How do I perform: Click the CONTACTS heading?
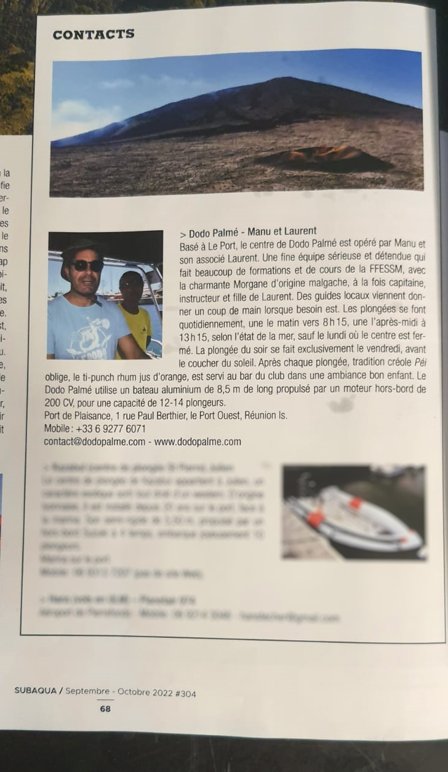pos(94,34)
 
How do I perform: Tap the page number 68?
pos(105,709)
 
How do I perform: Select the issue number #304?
pos(185,694)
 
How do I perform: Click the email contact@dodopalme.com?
pos(95,442)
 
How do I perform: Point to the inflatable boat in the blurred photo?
pos(354,517)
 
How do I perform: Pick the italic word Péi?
pos(418,363)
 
